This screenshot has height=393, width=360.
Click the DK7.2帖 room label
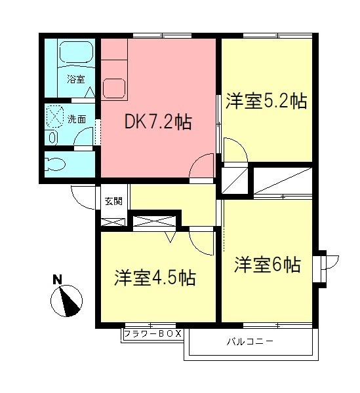pyautogui.click(x=158, y=122)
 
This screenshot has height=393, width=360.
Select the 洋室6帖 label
pyautogui.click(x=268, y=265)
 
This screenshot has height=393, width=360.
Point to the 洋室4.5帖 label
pyautogui.click(x=155, y=277)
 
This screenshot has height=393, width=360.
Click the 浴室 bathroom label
pyautogui.click(x=75, y=79)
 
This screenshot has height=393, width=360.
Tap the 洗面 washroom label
pyautogui.click(x=77, y=119)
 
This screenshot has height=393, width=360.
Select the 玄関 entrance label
pyautogui.click(x=113, y=201)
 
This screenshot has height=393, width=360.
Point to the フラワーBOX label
pyautogui.click(x=151, y=335)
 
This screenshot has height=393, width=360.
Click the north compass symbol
pyautogui.click(x=66, y=300)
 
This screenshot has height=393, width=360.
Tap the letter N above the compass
pyautogui.click(x=57, y=280)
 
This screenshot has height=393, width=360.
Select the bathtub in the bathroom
pyautogui.click(x=77, y=52)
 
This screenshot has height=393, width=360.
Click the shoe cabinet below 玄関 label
pyautogui.click(x=112, y=220)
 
